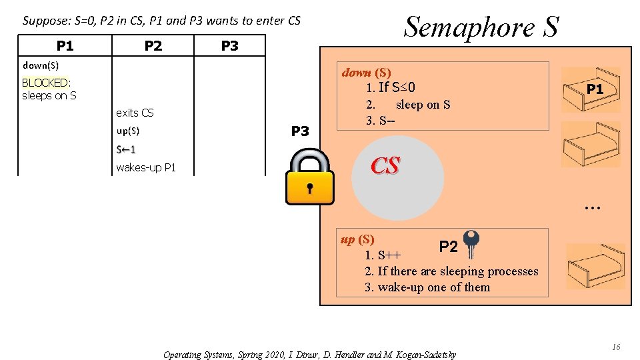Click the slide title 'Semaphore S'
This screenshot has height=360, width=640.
point(481,27)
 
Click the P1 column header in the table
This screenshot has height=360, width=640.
point(65,45)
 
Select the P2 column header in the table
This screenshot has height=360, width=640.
point(153,45)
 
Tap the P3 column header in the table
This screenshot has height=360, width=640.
point(229,45)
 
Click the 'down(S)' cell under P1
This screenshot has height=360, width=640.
point(41,65)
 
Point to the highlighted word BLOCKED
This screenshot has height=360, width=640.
point(45,83)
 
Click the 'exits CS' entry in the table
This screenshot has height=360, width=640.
point(135,113)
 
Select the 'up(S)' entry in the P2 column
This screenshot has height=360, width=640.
point(127,131)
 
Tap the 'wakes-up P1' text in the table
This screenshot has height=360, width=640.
point(146,167)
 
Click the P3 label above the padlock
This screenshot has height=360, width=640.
point(301,131)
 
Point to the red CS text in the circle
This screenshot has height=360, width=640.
point(385,165)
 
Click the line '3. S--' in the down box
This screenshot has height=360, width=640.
point(379,121)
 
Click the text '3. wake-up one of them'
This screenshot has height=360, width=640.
point(427,287)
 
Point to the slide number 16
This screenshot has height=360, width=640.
point(616,347)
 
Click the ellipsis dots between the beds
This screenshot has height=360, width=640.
point(592,208)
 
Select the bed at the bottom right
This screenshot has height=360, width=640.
point(595,266)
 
